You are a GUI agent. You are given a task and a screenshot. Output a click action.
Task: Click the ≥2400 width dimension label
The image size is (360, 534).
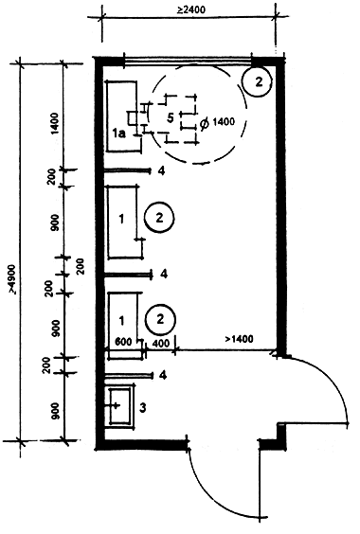point(191,9)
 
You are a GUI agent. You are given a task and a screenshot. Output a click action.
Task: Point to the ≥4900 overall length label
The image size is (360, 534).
point(12,278)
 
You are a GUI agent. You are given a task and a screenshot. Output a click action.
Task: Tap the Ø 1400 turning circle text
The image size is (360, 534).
point(217,122)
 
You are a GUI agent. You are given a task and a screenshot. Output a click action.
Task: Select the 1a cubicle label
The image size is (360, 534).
point(119,133)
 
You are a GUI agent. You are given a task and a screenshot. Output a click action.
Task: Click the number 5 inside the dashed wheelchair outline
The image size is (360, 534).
point(171,117)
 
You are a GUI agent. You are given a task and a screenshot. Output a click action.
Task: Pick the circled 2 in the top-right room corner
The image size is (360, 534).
point(257,81)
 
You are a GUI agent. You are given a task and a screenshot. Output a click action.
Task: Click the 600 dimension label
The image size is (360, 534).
point(123,341)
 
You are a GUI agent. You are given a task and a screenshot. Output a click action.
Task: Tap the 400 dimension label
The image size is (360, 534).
point(160,344)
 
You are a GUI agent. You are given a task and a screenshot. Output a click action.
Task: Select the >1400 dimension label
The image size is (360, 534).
point(239,339)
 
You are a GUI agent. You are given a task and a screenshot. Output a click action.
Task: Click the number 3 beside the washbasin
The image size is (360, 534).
point(143,407)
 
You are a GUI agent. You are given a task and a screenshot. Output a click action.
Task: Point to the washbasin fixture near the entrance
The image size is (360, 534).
point(120,405)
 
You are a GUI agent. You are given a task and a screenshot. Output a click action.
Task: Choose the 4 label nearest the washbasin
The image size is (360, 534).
point(163,376)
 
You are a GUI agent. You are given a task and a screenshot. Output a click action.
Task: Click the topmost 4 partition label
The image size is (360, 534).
point(162,171)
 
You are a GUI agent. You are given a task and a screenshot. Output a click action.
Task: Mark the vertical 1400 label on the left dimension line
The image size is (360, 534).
point(55,124)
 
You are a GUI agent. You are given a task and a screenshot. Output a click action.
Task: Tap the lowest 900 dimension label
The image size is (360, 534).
point(56,411)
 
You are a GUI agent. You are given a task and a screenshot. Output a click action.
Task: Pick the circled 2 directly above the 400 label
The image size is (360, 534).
point(160,319)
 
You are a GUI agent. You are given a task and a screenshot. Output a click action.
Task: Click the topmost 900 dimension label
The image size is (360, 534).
point(56,222)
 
